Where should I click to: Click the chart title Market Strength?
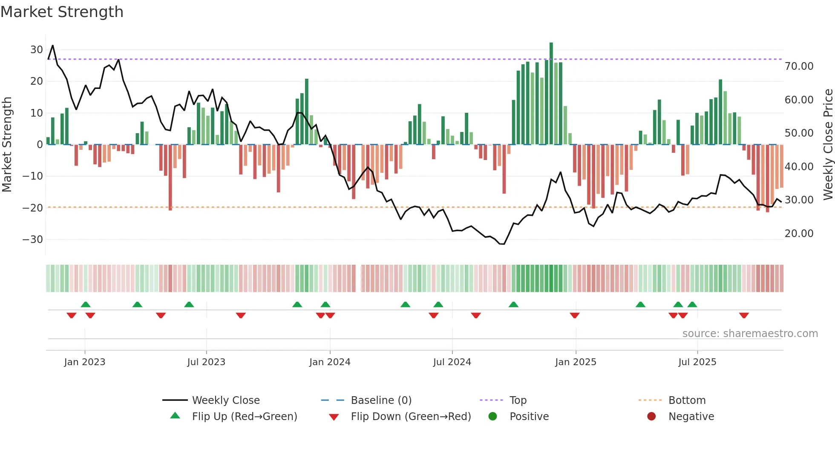[x=62, y=12]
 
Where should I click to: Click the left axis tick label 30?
[x=37, y=49]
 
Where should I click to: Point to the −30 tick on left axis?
[x=33, y=239]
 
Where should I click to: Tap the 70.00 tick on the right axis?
[x=799, y=66]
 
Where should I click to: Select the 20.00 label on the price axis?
[x=799, y=233]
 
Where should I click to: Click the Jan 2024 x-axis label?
[x=330, y=362]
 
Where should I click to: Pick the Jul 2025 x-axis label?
[x=697, y=362]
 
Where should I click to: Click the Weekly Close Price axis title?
[x=828, y=145]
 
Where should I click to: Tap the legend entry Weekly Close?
[x=225, y=400]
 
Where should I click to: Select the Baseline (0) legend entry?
[x=381, y=400]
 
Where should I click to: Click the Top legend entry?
[x=518, y=400]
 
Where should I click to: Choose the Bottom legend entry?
[x=687, y=400]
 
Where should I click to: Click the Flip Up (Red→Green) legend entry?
[x=244, y=416]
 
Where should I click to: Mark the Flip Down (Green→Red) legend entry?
[x=410, y=416]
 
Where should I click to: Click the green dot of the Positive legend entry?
[x=493, y=416]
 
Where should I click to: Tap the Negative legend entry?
[x=691, y=416]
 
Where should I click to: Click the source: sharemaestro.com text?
[x=750, y=333]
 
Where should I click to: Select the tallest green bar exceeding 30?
[x=551, y=94]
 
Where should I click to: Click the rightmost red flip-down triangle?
[x=744, y=315]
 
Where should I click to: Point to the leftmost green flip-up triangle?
[x=86, y=304]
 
